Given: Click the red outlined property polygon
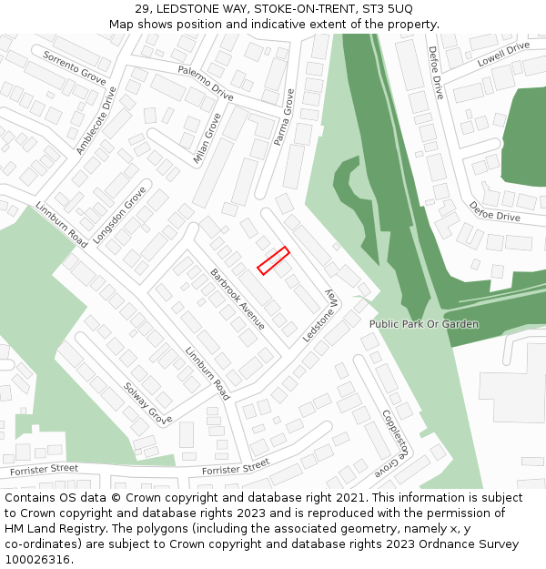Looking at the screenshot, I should click(x=273, y=260).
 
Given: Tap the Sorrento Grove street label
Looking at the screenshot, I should click(x=75, y=68).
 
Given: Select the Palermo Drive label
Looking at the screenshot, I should click(x=206, y=82).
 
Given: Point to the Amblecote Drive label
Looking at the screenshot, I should click(x=96, y=121).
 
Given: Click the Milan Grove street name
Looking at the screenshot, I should click(x=207, y=138).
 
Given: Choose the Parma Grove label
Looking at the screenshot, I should click(x=285, y=117).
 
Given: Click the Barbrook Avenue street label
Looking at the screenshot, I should click(x=238, y=299).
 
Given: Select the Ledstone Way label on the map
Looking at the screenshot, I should click(x=319, y=316).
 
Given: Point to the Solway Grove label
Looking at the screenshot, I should click(x=147, y=403).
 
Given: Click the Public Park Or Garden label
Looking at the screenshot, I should click(x=423, y=324).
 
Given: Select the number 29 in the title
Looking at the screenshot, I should click(x=142, y=8).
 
